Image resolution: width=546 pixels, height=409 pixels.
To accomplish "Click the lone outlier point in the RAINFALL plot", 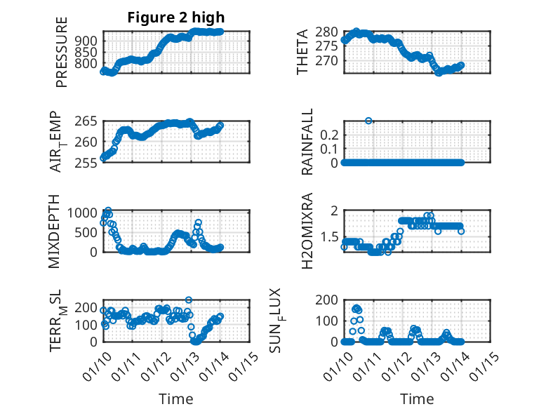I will (368, 121).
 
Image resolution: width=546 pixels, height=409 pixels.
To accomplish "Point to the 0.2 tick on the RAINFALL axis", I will (330, 134).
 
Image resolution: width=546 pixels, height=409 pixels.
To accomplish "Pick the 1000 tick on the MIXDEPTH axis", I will (86, 213).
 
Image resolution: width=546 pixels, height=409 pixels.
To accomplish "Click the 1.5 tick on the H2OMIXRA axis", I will (330, 237).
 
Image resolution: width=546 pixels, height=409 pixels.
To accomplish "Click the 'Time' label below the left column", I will (176, 398).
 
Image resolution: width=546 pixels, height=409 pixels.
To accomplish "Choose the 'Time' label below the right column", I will (417, 398).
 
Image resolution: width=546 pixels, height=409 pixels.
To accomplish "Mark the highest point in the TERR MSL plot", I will (188, 300).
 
